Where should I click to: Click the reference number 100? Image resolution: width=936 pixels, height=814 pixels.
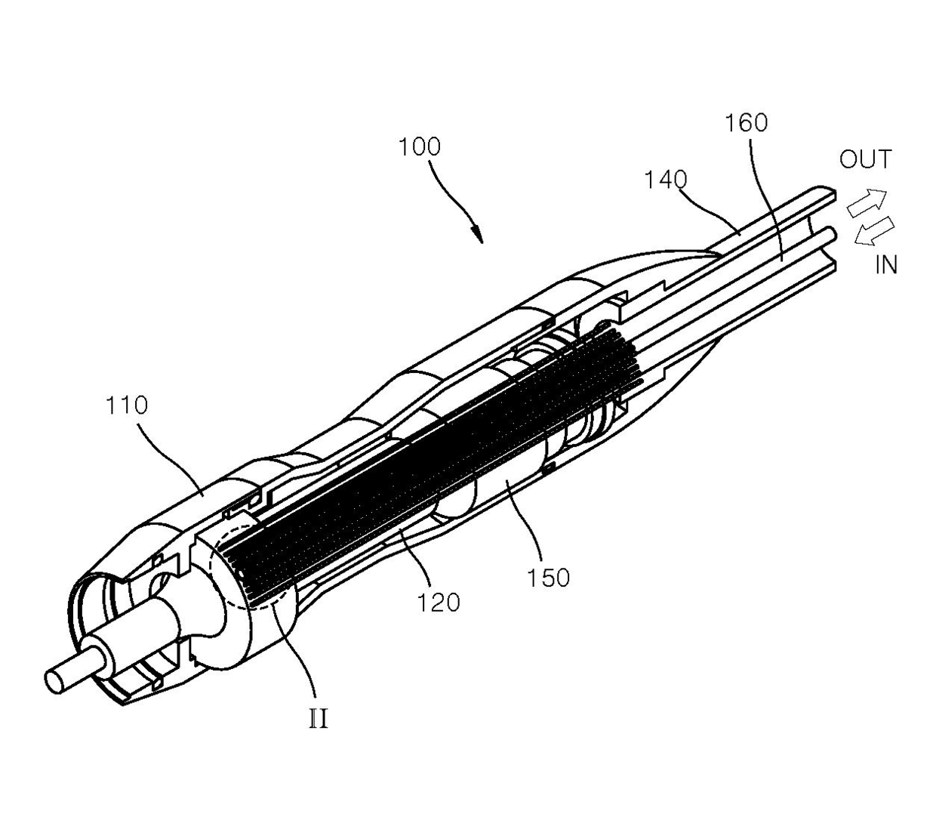pyautogui.click(x=419, y=146)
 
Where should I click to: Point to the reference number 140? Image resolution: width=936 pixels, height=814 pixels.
pyautogui.click(x=666, y=180)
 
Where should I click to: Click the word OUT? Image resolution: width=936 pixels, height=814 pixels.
pyautogui.click(x=865, y=159)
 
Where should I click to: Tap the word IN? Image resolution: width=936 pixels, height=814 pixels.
pyautogui.click(x=885, y=265)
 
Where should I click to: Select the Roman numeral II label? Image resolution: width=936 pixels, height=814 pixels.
pyautogui.click(x=319, y=718)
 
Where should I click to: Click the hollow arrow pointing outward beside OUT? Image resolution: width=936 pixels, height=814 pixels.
pyautogui.click(x=865, y=202)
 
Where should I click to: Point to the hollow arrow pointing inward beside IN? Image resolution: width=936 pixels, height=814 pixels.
pyautogui.click(x=873, y=231)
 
